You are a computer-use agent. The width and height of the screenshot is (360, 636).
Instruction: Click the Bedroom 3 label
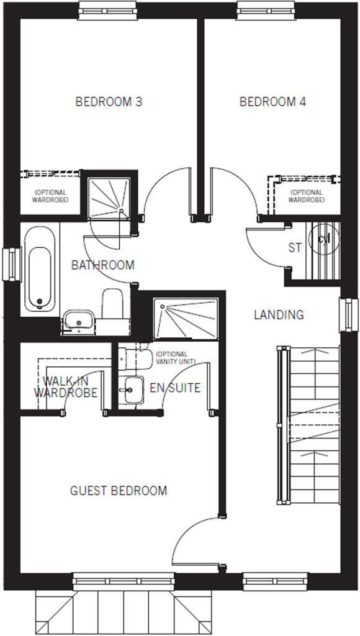point(109,101)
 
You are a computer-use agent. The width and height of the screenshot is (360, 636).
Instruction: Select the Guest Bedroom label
point(118,491)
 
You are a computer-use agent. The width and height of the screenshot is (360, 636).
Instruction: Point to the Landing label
point(279,315)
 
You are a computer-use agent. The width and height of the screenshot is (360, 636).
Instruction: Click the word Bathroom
point(102,265)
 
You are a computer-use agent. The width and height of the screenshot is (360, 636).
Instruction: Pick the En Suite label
point(175,388)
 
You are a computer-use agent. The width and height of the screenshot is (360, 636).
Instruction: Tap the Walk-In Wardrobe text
point(65,387)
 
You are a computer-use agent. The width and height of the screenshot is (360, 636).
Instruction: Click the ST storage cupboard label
point(295,248)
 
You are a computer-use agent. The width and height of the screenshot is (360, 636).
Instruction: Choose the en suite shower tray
point(186,318)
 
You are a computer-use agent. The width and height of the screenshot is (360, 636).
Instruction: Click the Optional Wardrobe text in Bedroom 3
point(51,196)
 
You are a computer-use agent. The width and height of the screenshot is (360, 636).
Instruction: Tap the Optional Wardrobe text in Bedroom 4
point(306,196)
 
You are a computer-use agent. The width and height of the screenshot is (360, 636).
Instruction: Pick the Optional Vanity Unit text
point(176,358)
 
